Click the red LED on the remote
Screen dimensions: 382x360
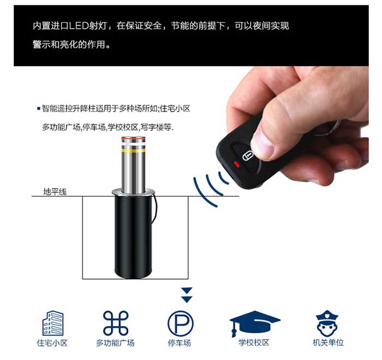(236, 165)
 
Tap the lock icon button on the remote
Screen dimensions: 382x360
(248, 155)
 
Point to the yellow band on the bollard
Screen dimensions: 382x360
(134, 151)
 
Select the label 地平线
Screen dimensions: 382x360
(55, 191)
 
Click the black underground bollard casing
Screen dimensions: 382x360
(133, 236)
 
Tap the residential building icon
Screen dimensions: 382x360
(52, 323)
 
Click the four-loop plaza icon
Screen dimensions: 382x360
(116, 323)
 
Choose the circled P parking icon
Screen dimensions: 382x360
(180, 323)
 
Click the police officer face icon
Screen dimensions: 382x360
(327, 323)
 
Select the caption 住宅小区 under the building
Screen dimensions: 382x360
(52, 343)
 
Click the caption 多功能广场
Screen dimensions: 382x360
(115, 343)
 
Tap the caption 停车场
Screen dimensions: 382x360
(180, 343)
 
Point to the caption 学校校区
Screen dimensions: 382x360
(254, 343)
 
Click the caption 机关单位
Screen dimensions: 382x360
(328, 343)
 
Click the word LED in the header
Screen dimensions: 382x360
(79, 26)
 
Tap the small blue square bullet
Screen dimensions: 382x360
(39, 109)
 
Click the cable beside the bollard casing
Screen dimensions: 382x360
(156, 208)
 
